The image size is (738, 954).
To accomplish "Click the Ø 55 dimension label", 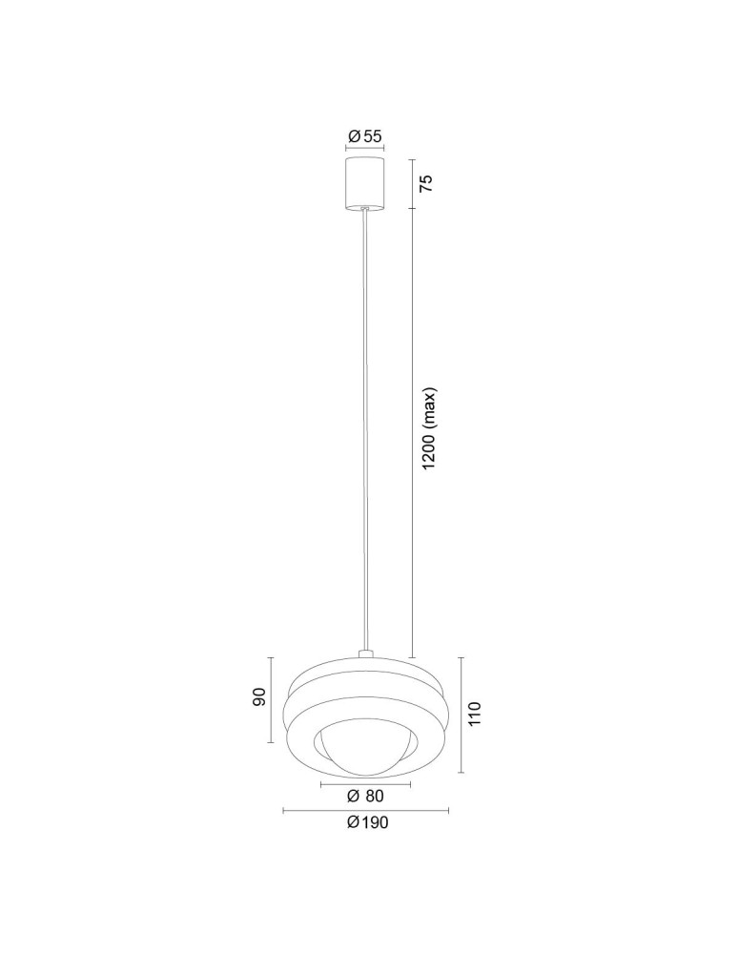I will coord(364,136).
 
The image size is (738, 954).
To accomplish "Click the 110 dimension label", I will coord(476,714).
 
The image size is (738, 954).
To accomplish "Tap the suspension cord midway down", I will coord(364,429).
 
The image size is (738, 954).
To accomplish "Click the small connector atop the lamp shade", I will coord(364,654).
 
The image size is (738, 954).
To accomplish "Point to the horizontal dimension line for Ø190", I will coord(366,811).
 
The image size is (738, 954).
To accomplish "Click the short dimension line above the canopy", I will coord(364,149).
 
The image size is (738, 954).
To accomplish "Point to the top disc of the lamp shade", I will coord(364,667).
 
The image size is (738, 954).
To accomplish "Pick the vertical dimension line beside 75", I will coord(412,183).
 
